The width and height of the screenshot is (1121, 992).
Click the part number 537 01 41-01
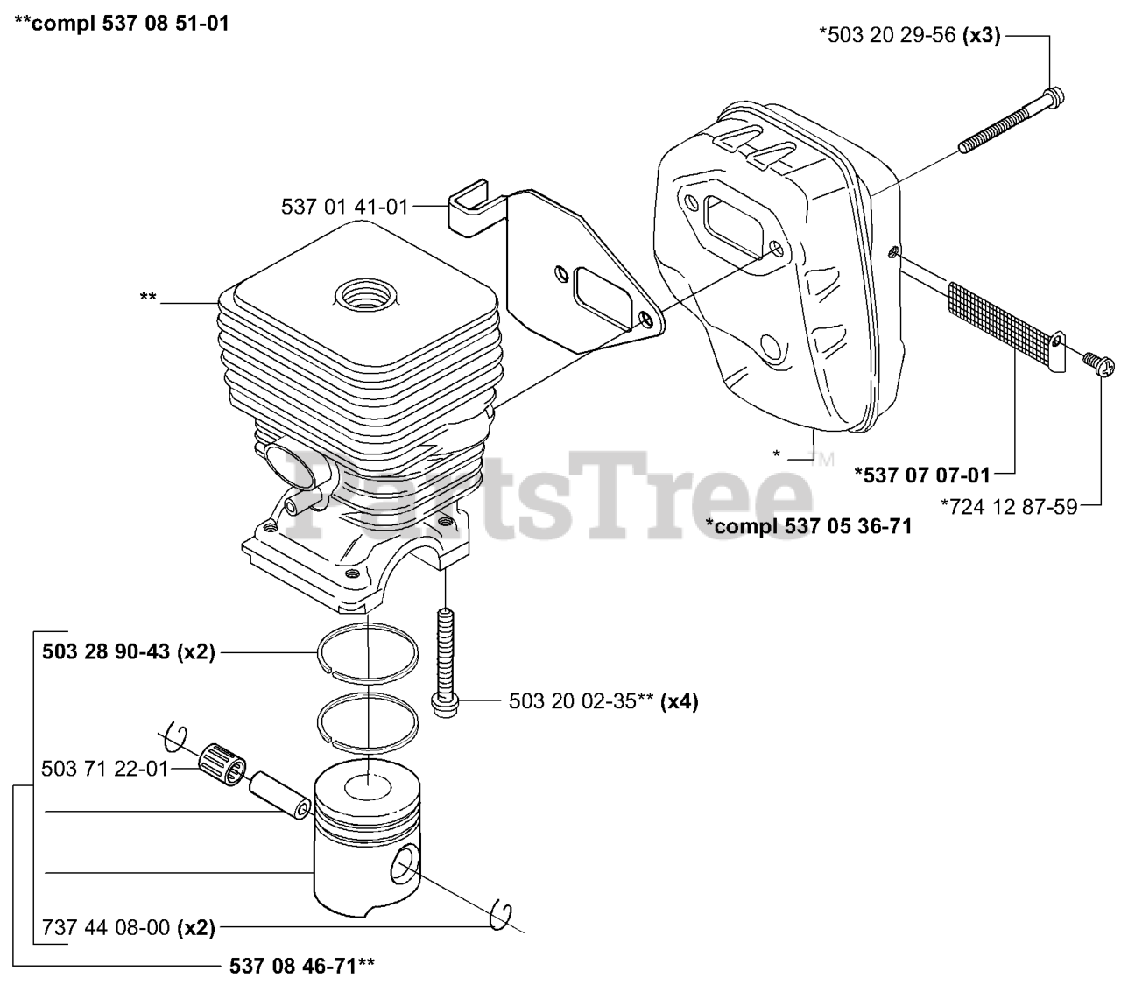pyautogui.click(x=344, y=207)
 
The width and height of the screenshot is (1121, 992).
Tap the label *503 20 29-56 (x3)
pyautogui.click(x=910, y=35)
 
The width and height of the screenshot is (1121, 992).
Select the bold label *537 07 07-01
pyautogui.click(x=922, y=475)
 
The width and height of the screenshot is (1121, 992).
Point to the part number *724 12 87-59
pyautogui.click(x=1009, y=506)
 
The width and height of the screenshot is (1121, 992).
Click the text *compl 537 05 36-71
pyautogui.click(x=808, y=526)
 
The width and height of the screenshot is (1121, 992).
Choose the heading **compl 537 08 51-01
pyautogui.click(x=122, y=24)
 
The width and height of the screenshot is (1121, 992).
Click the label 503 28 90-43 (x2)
pyautogui.click(x=129, y=652)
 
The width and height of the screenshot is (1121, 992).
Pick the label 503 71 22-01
pyautogui.click(x=104, y=769)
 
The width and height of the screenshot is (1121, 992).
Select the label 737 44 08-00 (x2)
pyautogui.click(x=129, y=927)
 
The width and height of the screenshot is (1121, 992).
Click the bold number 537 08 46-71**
pyautogui.click(x=302, y=966)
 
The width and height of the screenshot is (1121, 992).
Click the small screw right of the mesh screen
pyautogui.click(x=1099, y=364)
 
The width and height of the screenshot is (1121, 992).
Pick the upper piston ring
pyautogui.click(x=368, y=653)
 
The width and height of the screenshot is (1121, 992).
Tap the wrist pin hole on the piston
pyautogui.click(x=404, y=868)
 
